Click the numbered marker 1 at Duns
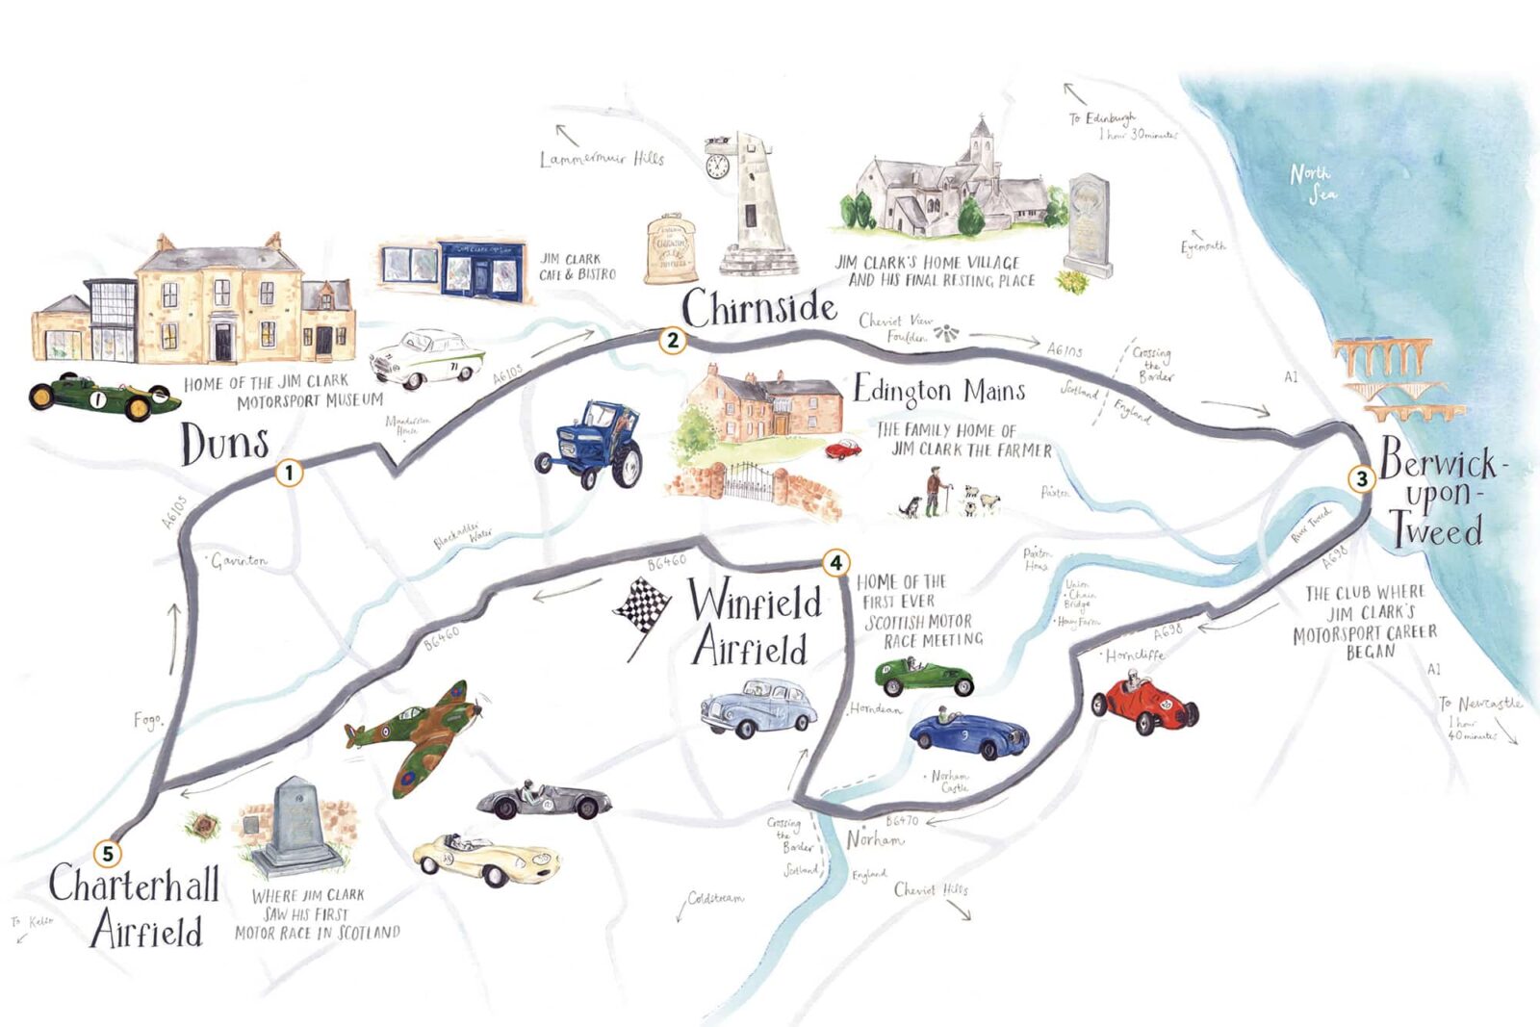[x=289, y=473]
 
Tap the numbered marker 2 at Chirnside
[x=673, y=340]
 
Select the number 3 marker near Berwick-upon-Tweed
[x=1361, y=478]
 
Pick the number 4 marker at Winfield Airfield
[x=835, y=562]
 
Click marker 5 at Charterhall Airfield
[x=108, y=853]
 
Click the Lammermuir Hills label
[x=602, y=159]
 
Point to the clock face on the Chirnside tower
[x=717, y=167]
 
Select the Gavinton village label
[x=239, y=560]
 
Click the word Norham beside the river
[x=875, y=839]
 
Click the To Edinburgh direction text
[x=1103, y=119]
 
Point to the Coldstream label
[x=715, y=898]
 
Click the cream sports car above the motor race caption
[x=486, y=859]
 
